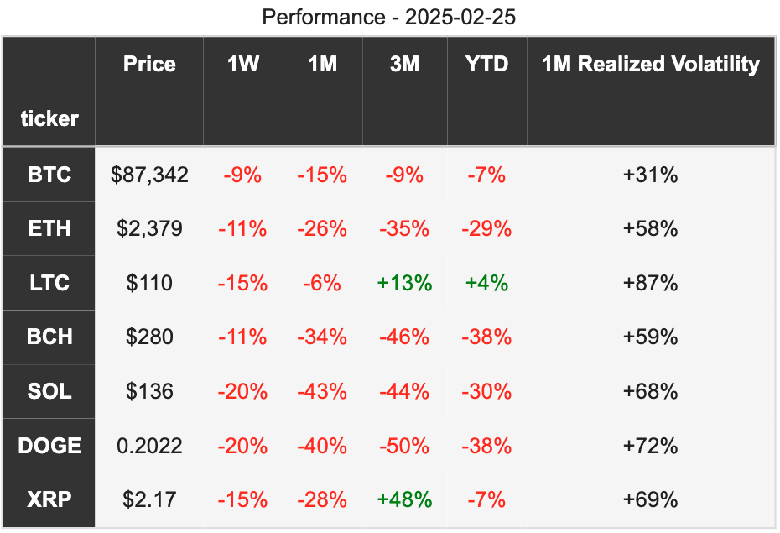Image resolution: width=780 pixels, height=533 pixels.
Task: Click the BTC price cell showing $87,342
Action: tap(149, 175)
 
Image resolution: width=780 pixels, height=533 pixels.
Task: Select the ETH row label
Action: tap(49, 228)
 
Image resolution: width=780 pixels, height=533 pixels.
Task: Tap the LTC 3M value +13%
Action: tap(404, 283)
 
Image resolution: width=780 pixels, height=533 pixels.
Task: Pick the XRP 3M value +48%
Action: tap(404, 499)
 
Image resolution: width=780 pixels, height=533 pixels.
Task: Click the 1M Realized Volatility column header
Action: tap(650, 64)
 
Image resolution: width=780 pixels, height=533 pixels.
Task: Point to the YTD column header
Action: tap(486, 64)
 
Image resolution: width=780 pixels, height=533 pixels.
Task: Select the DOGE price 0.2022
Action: tap(149, 445)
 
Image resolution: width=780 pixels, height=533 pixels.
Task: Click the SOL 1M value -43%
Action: tap(322, 391)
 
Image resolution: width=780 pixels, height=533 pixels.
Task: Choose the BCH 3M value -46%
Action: tap(404, 337)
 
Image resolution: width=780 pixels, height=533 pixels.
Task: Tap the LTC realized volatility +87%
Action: tap(650, 283)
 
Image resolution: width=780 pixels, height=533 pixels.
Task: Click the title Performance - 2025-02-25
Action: tap(388, 17)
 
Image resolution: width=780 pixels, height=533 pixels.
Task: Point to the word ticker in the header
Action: tap(49, 118)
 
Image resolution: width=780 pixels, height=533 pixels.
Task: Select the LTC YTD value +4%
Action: tap(486, 283)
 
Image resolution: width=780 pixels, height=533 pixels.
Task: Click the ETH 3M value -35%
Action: tap(404, 228)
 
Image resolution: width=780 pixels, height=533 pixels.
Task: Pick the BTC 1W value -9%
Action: tap(242, 175)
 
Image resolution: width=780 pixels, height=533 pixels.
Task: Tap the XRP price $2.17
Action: tap(149, 499)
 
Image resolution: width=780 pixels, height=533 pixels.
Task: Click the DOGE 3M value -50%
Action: tap(404, 445)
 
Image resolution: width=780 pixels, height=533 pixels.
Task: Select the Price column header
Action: tap(149, 64)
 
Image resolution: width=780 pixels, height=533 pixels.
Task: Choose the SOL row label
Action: tap(49, 391)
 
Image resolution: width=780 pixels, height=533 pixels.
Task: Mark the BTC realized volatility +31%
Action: tap(650, 175)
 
